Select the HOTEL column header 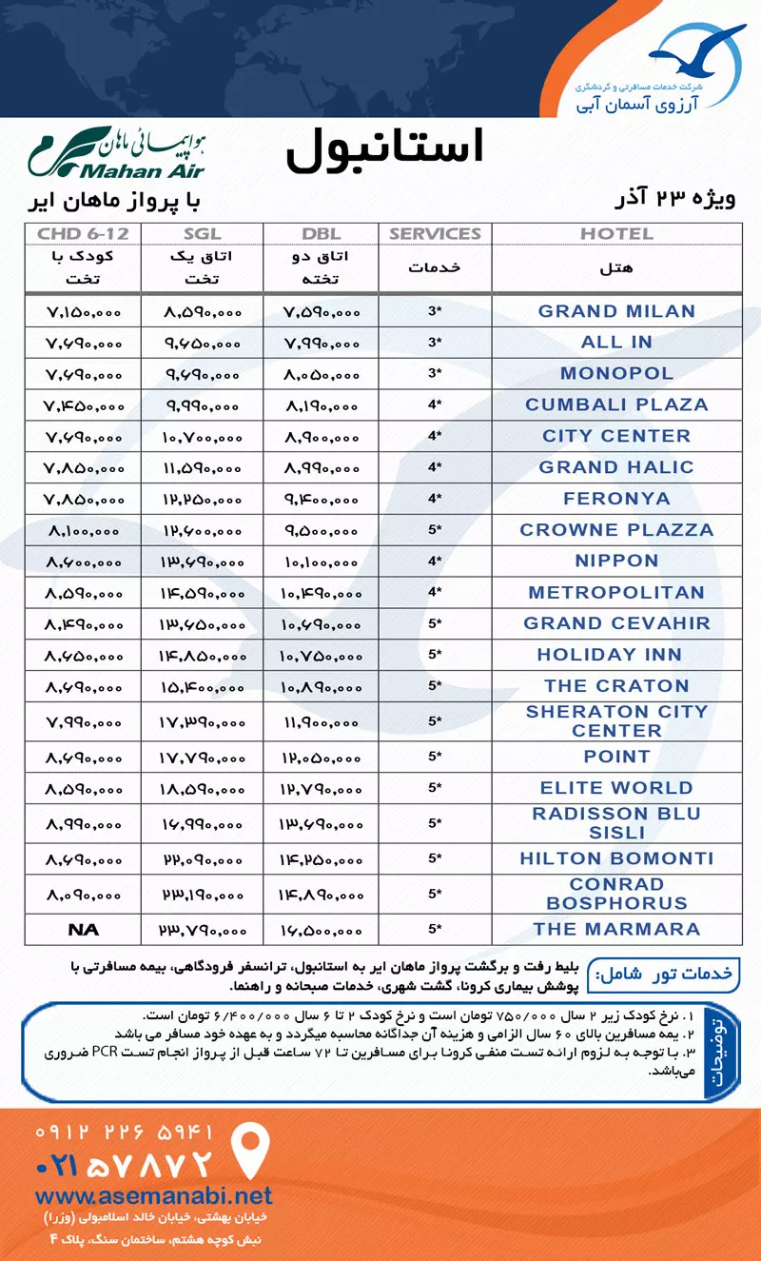tap(616, 233)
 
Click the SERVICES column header tap(435, 233)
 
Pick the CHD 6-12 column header tap(83, 233)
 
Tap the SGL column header tap(201, 233)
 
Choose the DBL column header tap(320, 233)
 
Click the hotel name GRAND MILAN tap(616, 311)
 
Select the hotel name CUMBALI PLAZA tap(616, 404)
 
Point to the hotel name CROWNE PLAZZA tap(616, 530)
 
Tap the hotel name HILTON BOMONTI tap(616, 858)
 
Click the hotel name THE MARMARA tap(616, 929)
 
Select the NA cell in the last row tap(83, 929)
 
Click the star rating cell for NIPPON tap(435, 562)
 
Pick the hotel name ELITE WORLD tap(616, 788)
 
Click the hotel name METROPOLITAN tap(616, 593)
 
